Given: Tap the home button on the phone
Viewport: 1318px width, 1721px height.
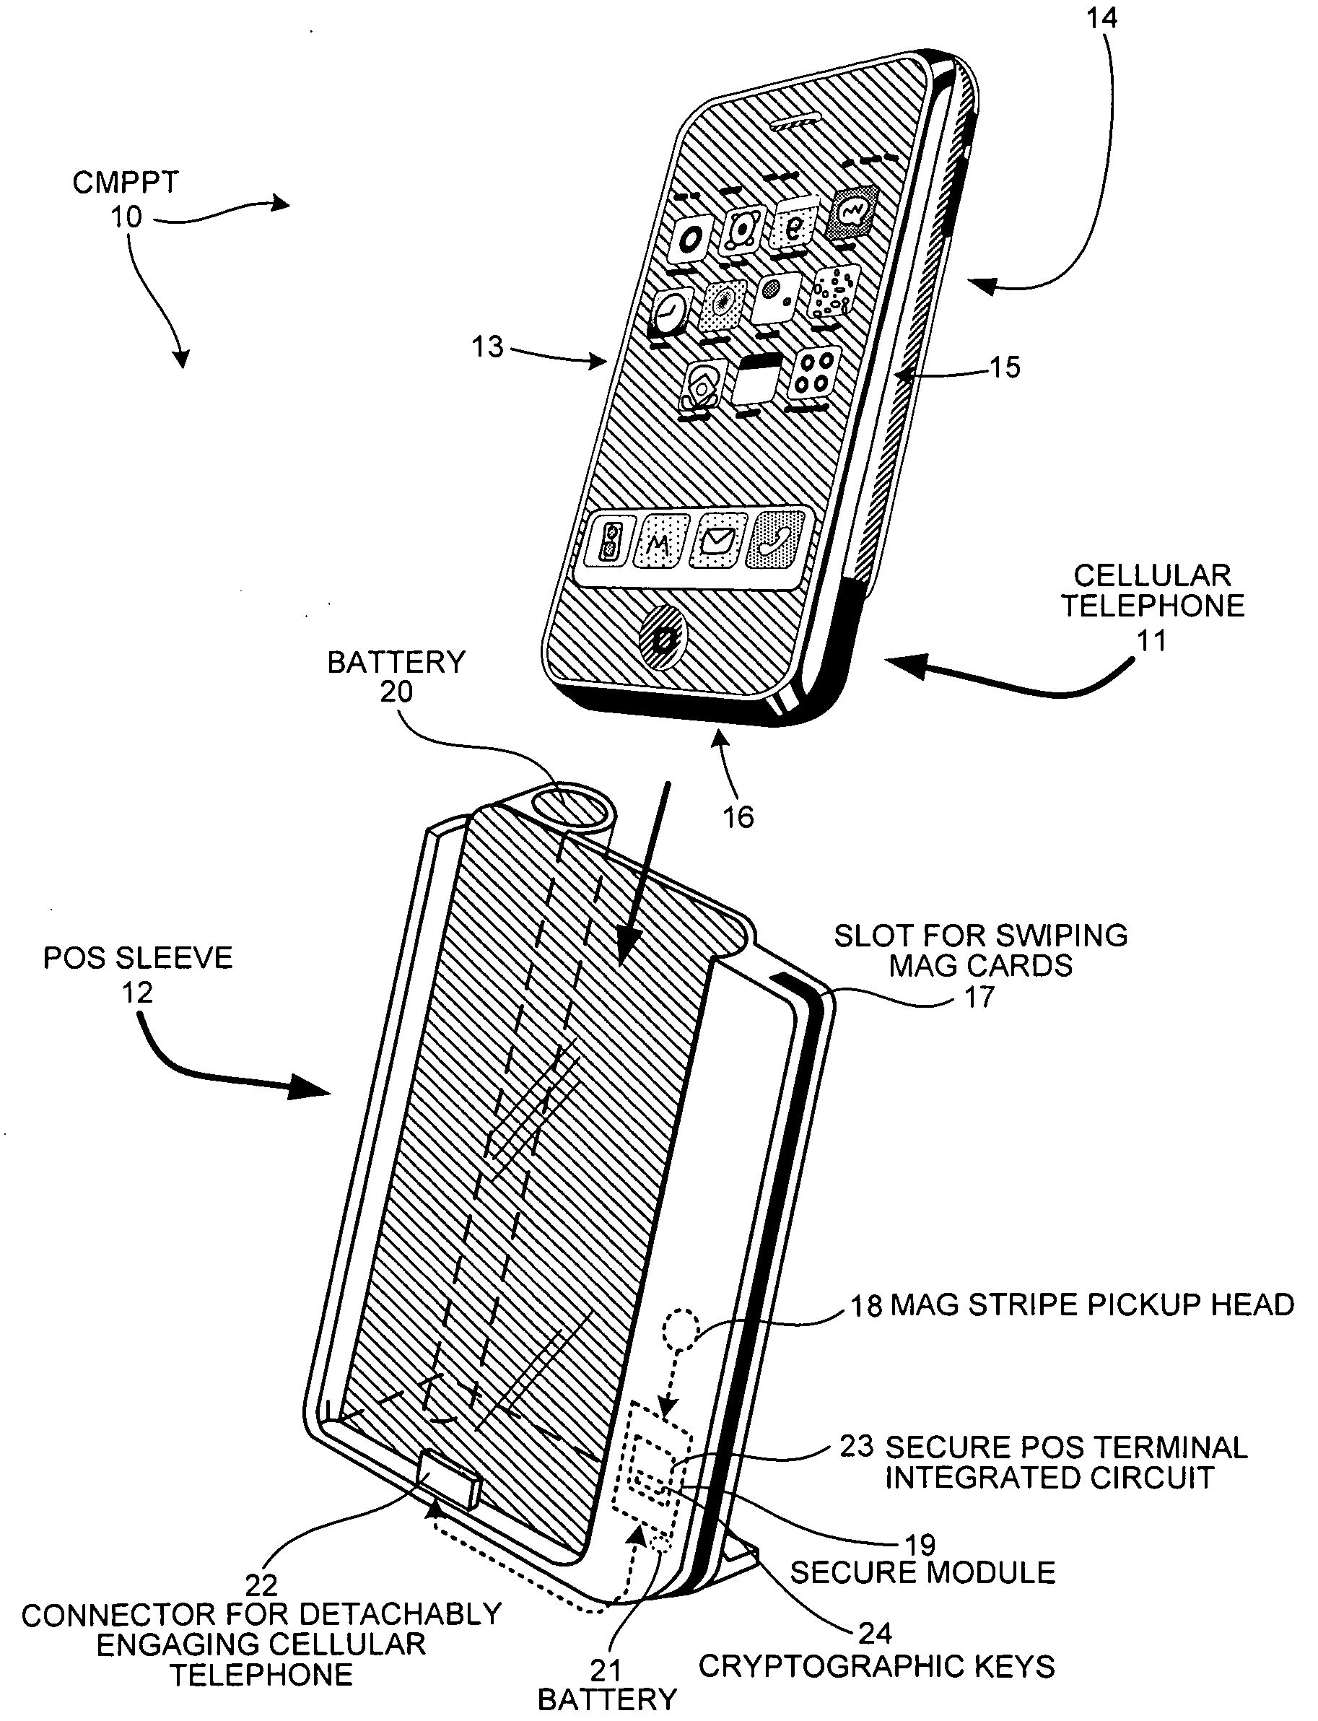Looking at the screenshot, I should pos(664,640).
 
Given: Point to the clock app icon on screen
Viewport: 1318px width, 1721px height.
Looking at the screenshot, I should pos(671,312).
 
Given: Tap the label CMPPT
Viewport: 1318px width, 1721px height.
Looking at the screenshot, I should pos(126,183).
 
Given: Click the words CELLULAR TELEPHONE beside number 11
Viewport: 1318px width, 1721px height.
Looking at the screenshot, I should pos(1152,591).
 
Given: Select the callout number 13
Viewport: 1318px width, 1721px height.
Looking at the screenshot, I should pos(487,347).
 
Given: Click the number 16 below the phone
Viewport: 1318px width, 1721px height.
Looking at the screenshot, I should pos(738,818).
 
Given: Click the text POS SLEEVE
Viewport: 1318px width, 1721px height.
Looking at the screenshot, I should pos(138,958).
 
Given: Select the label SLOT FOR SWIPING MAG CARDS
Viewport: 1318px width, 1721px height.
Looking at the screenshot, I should pos(980,950).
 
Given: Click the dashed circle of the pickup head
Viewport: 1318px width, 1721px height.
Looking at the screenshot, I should pos(679,1329).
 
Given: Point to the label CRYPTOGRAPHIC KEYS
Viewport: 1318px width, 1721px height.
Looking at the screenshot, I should pos(876,1666).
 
